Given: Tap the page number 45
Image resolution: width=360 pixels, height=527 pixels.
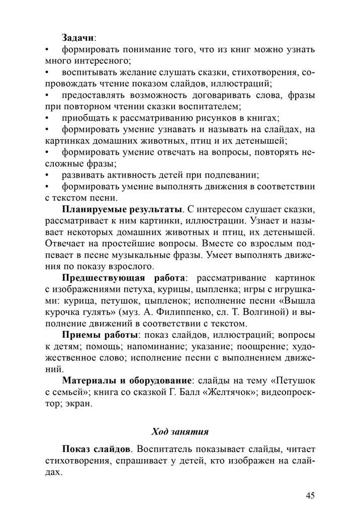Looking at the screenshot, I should (310, 495).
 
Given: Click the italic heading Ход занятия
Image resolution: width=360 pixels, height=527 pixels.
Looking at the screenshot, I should (179, 431).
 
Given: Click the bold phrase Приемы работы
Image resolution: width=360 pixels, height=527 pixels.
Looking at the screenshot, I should (100, 335).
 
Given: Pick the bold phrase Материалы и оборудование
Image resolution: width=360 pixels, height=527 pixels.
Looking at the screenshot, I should (127, 381).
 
